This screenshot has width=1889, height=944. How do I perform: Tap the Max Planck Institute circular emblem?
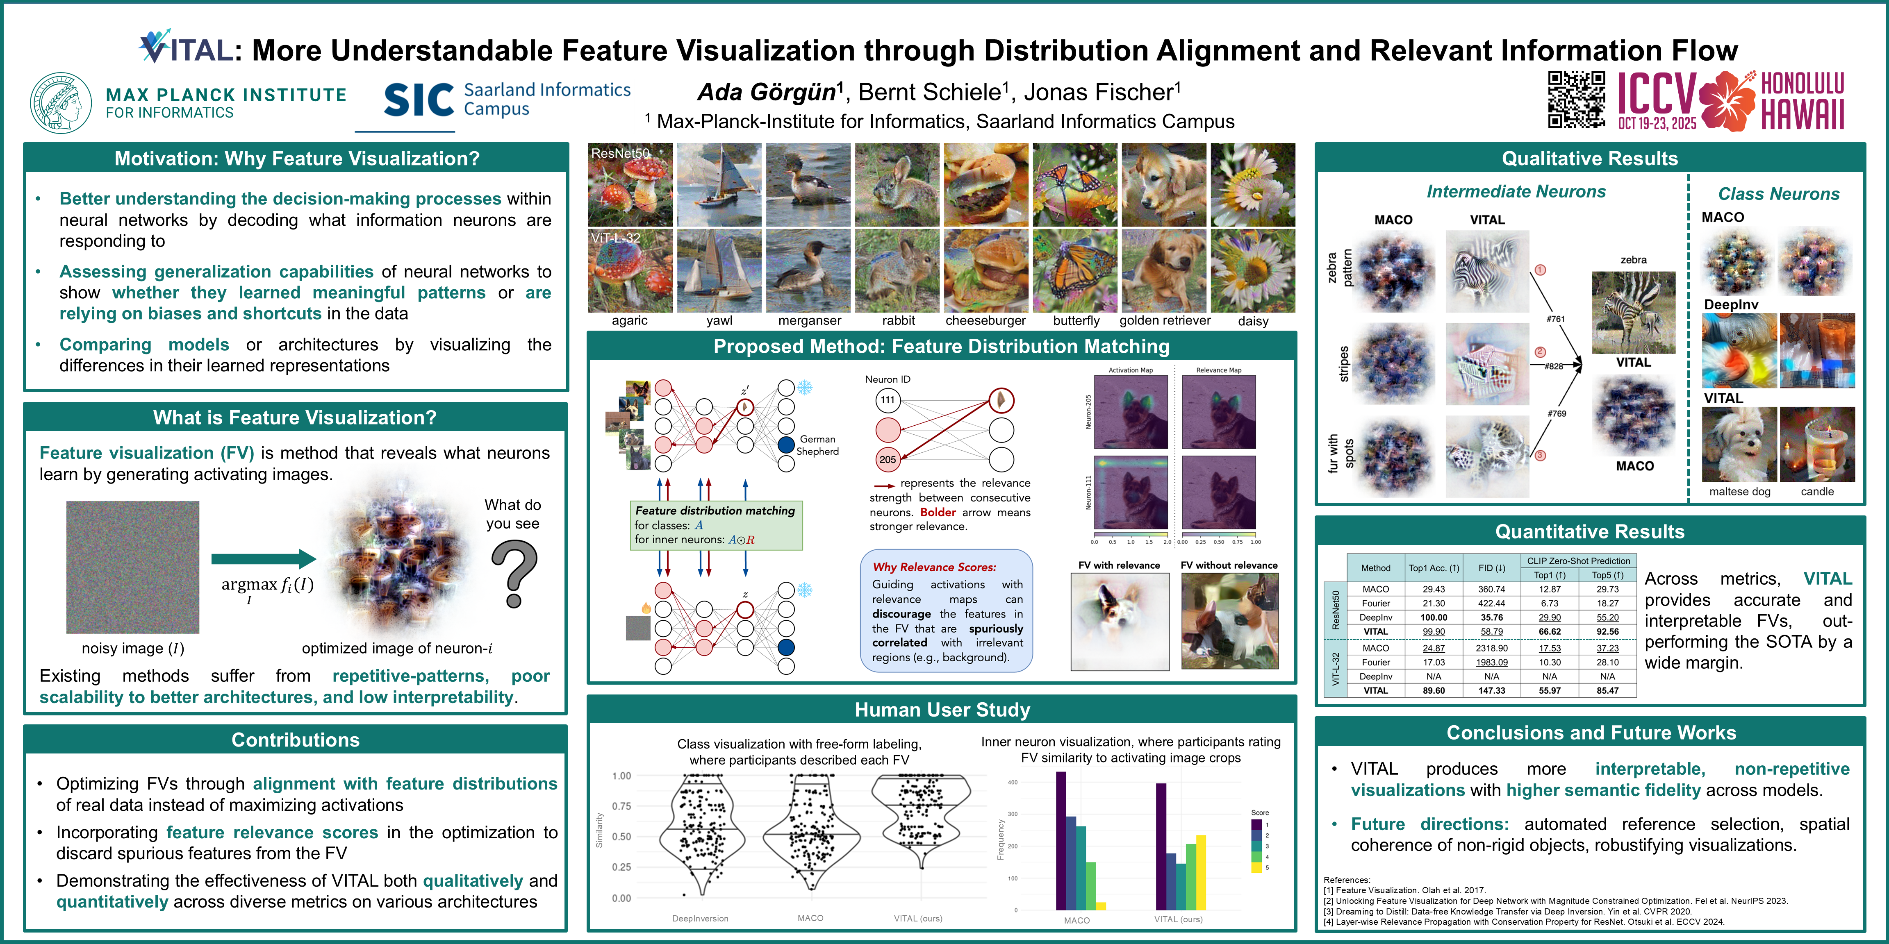point(61,102)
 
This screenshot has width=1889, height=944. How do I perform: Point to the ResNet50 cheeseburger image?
point(985,185)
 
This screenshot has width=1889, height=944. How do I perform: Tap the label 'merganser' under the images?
point(810,320)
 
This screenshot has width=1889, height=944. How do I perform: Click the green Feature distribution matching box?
point(716,525)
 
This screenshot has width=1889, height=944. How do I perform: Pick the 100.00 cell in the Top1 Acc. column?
point(1434,617)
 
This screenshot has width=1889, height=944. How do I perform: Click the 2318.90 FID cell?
point(1491,648)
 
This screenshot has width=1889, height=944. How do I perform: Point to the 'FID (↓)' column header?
point(1491,568)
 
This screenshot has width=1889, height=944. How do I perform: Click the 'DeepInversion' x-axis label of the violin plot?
point(700,918)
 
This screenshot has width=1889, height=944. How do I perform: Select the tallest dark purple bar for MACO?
point(1061,840)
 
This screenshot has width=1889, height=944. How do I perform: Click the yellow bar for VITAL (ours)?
point(1200,872)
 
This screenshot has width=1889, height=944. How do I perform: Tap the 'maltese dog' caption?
point(1739,492)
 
